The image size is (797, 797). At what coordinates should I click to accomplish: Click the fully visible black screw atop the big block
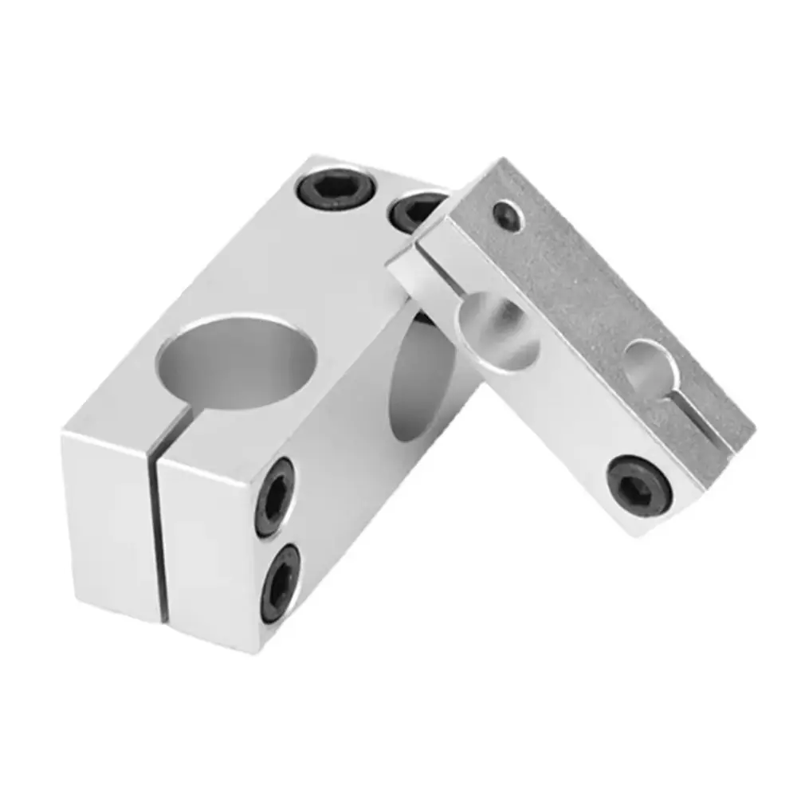338,188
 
